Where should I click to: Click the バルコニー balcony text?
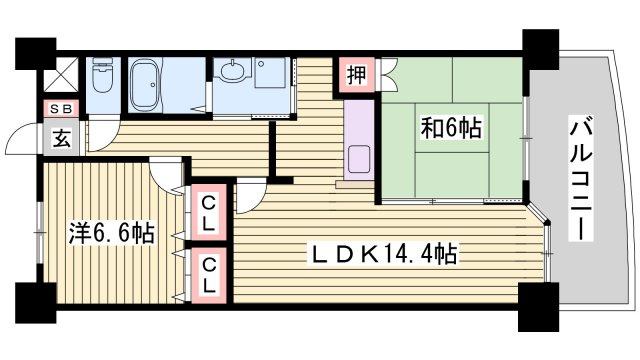click(x=580, y=179)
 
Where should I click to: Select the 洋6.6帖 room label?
click(x=111, y=235)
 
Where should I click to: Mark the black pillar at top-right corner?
click(x=540, y=47)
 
